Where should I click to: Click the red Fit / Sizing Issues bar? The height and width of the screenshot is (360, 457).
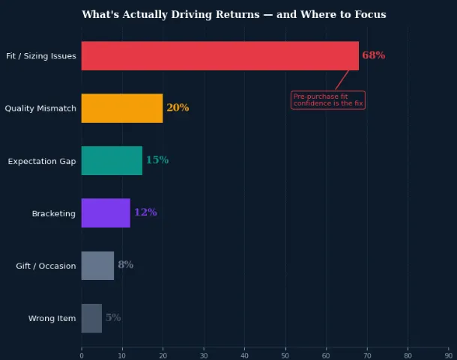click(220, 55)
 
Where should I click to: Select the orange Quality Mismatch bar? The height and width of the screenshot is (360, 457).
click(122, 108)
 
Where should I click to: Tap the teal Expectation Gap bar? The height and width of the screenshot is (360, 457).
click(112, 160)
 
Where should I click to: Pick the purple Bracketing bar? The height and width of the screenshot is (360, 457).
click(106, 213)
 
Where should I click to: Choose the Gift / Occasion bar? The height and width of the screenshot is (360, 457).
click(97, 266)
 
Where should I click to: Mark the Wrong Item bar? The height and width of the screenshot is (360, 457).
click(91, 318)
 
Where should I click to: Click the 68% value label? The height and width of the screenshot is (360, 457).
click(374, 55)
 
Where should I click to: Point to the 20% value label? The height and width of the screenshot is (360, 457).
click(178, 108)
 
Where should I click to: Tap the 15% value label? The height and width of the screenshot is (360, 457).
click(157, 160)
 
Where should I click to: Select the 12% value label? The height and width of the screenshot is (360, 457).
click(145, 212)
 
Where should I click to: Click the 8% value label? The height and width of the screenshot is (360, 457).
click(126, 264)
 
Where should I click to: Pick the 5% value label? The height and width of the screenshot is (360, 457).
click(113, 317)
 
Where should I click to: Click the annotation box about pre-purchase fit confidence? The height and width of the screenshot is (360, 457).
click(328, 100)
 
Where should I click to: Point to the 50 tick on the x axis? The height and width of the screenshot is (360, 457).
click(285, 356)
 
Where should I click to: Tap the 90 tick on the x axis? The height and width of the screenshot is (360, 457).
click(449, 356)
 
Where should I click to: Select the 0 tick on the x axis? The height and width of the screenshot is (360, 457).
click(82, 356)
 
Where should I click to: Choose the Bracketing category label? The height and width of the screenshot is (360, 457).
click(54, 213)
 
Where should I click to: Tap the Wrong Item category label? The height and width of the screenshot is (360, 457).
click(52, 318)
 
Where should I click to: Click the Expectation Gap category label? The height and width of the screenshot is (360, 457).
click(42, 161)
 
